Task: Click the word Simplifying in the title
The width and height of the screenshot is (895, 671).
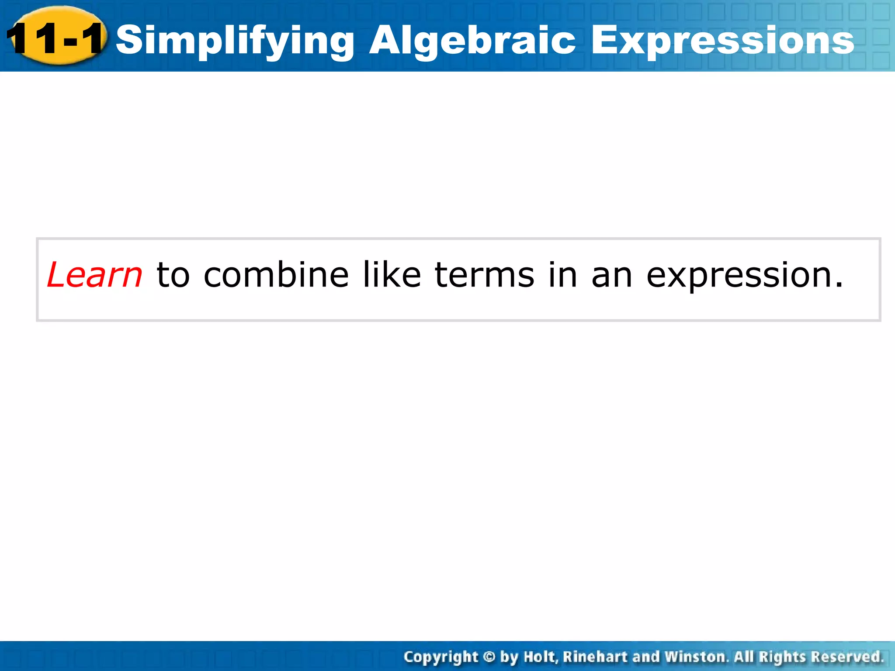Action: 235,40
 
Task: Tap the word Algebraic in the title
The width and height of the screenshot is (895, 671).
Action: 472,40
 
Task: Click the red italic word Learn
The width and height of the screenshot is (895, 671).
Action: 94,275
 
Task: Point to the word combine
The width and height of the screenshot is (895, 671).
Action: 276,275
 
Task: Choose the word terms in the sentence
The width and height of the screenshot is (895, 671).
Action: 484,275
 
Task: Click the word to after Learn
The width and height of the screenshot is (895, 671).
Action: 173,276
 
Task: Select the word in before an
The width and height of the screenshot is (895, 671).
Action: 563,275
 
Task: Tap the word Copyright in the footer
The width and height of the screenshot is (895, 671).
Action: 441,657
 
